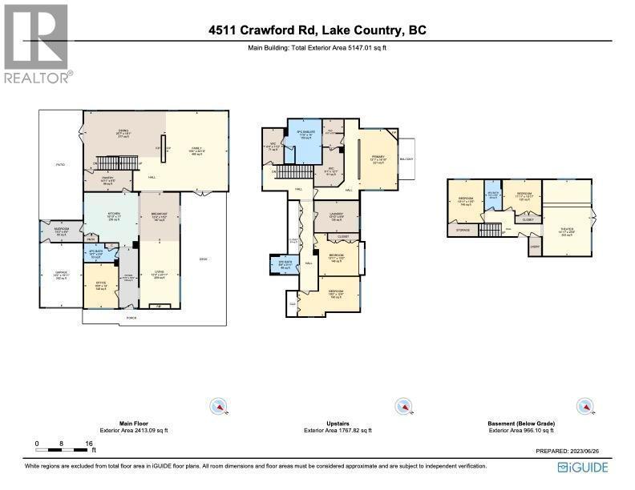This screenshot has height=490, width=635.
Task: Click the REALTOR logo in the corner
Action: pyautogui.click(x=37, y=44)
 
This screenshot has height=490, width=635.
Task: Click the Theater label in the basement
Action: pyautogui.click(x=565, y=231)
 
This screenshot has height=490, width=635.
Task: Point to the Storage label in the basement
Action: pyautogui.click(x=462, y=231)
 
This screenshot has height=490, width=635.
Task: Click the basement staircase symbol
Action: pyautogui.click(x=489, y=231)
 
